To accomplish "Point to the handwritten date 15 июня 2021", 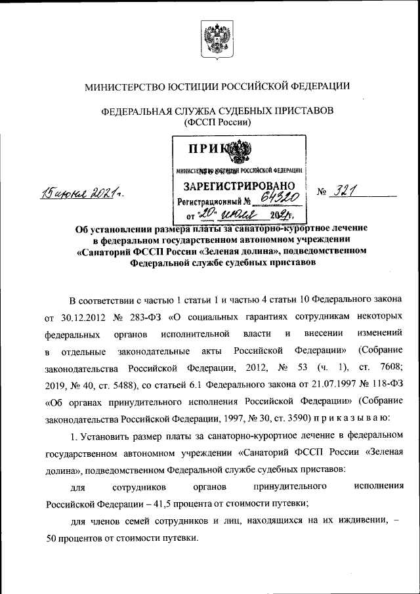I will click(82, 193).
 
